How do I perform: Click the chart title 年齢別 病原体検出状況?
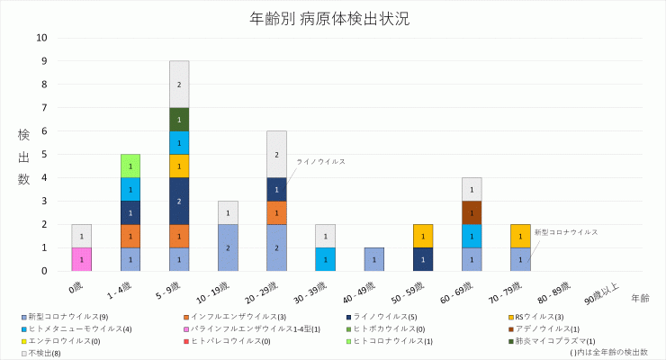333,19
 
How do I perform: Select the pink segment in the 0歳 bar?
82,259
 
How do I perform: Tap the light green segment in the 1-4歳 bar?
130,166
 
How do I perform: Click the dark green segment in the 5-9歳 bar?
179,120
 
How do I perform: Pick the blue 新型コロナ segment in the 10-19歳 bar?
228,247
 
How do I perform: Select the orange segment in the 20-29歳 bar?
276,212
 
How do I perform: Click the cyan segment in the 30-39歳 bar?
325,259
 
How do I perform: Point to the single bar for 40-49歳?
373,259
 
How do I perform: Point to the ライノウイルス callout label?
321,161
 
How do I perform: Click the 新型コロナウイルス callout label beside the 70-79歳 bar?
566,231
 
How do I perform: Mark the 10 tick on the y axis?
42,38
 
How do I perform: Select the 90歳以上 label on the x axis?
601,294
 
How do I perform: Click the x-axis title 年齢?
640,297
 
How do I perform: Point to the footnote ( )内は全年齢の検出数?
609,352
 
